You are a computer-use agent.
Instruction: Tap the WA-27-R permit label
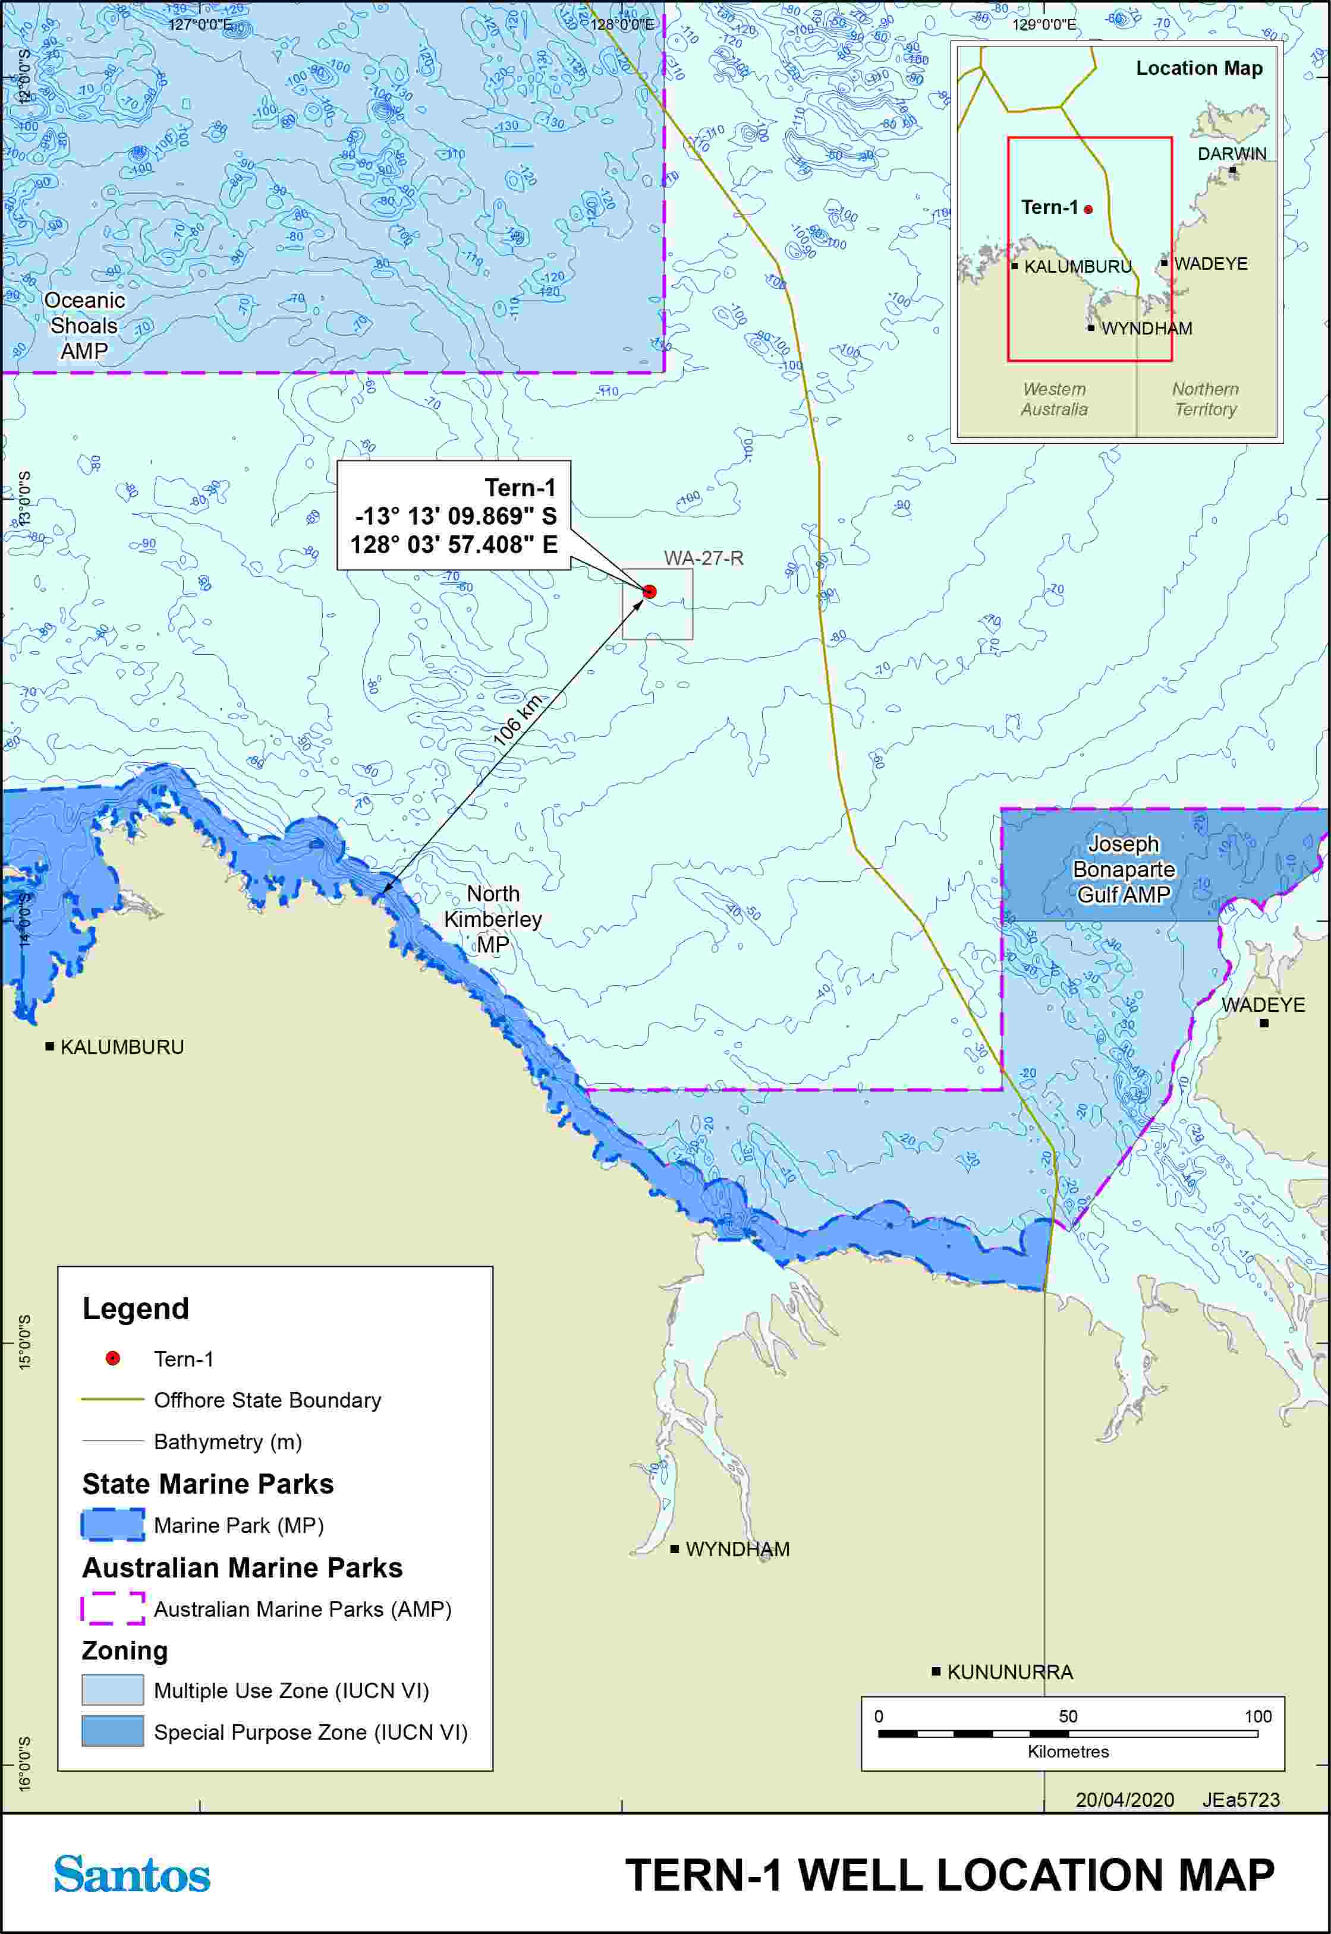[703, 559]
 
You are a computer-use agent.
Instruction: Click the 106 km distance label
[517, 720]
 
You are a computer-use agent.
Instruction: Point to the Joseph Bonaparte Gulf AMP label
[1124, 869]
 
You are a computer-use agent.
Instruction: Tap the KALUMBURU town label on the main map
[122, 1047]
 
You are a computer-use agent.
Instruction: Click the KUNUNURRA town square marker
[936, 1671]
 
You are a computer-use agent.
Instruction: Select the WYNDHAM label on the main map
[737, 1549]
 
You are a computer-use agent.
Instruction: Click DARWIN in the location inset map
[1231, 154]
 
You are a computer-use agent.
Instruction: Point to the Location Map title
[1198, 68]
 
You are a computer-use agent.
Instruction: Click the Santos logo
[132, 1875]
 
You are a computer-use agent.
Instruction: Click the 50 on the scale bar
[1068, 1717]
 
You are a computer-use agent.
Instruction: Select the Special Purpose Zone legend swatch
[112, 1731]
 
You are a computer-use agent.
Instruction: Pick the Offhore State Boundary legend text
[267, 1400]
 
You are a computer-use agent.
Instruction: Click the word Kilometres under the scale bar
[1068, 1752]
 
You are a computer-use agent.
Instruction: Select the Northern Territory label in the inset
[1204, 399]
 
